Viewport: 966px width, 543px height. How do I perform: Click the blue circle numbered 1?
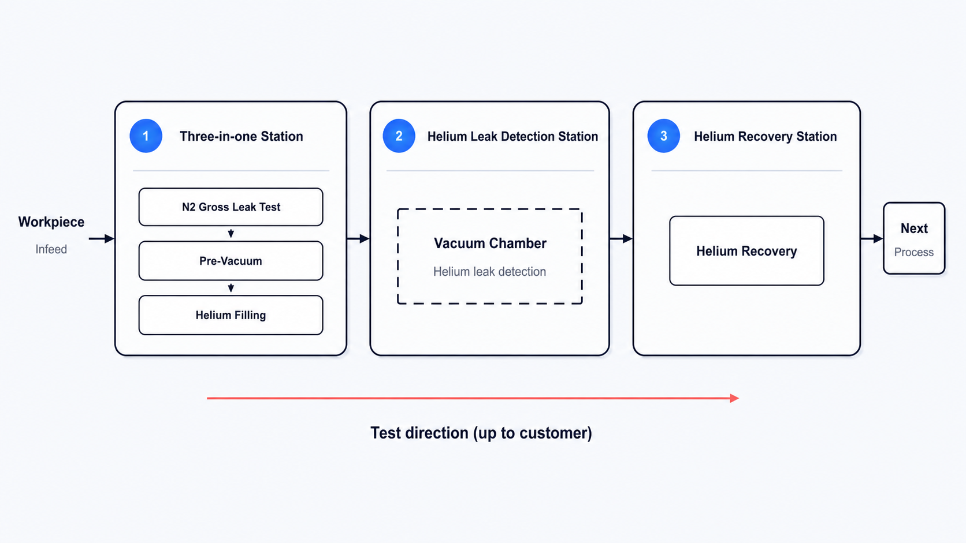point(146,136)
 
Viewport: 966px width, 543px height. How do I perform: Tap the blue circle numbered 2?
point(399,136)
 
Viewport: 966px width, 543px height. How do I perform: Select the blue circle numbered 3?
point(664,136)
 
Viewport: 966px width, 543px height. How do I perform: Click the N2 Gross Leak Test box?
point(231,207)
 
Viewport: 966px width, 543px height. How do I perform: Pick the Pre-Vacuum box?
point(231,261)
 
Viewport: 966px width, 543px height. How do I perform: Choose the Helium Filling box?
point(231,315)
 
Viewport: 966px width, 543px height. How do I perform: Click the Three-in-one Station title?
point(241,137)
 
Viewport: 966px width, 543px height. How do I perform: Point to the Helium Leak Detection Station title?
point(513,137)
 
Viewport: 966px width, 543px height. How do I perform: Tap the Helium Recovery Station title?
point(766,137)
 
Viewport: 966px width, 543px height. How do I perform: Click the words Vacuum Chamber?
point(491,244)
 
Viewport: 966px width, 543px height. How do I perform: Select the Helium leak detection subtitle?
point(490,272)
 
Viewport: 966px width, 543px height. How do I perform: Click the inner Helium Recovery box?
point(747,251)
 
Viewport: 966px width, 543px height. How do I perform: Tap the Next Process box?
point(914,238)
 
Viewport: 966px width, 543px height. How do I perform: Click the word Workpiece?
point(51,222)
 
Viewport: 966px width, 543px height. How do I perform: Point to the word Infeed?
point(51,249)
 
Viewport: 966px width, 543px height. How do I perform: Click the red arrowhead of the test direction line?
point(734,398)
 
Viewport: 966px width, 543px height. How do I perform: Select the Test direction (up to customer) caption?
point(481,433)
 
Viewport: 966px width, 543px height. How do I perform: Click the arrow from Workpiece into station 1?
point(102,238)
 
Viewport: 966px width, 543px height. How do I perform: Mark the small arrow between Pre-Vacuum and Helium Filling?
point(231,287)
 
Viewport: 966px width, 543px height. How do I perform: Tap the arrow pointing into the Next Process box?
point(872,238)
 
